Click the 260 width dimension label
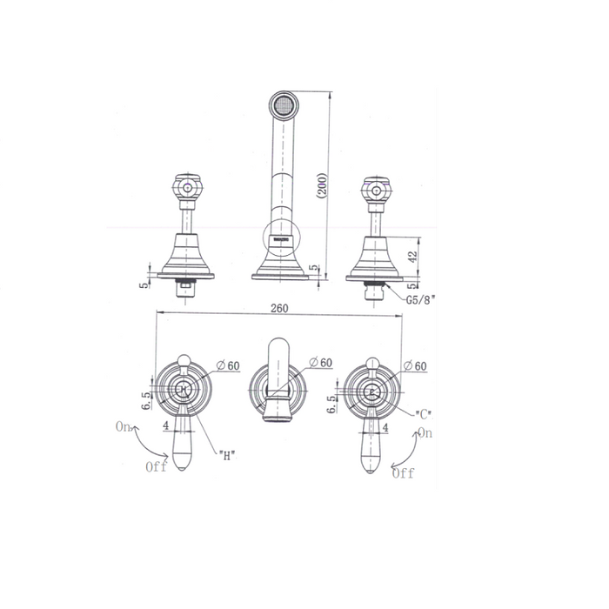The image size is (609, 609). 279,308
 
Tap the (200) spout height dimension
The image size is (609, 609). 323,186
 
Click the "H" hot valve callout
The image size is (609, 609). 227,456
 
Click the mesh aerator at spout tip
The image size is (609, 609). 284,105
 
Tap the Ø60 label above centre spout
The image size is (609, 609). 321,363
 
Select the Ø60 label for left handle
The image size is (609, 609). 228,365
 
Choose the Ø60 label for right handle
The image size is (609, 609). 415,366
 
